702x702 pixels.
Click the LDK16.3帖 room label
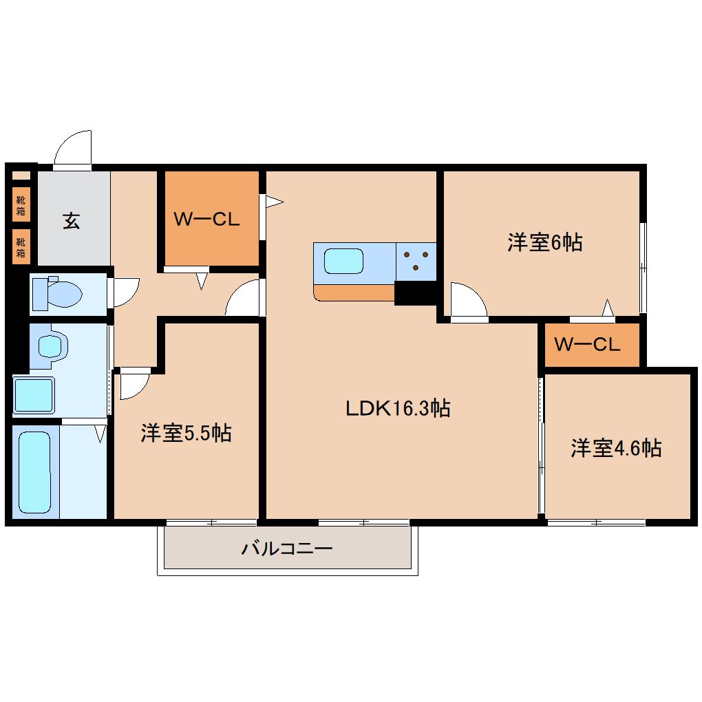[398, 409]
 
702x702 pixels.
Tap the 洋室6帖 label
[545, 242]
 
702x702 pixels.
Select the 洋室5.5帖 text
[186, 434]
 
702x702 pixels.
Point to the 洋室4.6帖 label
[615, 448]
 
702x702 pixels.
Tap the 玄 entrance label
[72, 222]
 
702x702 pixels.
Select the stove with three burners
[416, 262]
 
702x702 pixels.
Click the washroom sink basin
[50, 345]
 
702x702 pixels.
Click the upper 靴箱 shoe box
[21, 204]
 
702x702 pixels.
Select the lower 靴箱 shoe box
[21, 246]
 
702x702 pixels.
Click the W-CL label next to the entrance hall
[206, 220]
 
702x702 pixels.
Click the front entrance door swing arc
[74, 148]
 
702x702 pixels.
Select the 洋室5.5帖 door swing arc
[133, 385]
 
